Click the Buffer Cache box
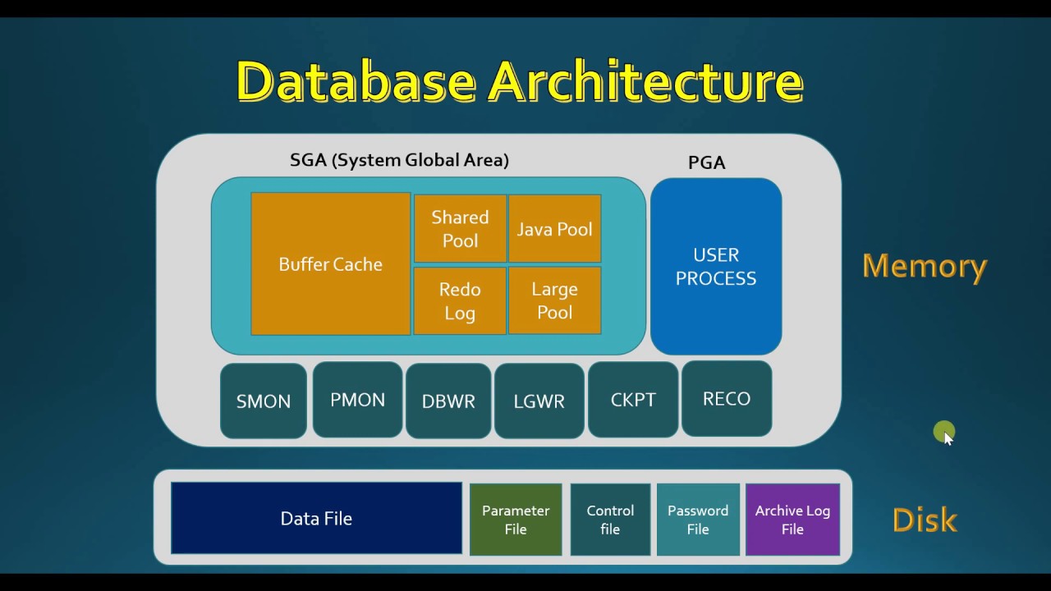point(330,263)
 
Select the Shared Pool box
point(460,229)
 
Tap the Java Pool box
point(554,229)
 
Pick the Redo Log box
point(460,300)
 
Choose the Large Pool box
point(554,300)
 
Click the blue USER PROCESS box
point(716,266)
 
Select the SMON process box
point(264,401)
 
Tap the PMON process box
point(357,400)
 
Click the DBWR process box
point(448,401)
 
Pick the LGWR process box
point(539,401)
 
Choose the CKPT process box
point(633,400)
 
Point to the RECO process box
point(727,398)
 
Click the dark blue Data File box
point(316,518)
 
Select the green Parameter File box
point(516,520)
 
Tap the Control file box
point(610,520)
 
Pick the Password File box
point(698,520)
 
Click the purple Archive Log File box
point(792,520)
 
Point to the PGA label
point(707,163)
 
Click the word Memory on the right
point(925,266)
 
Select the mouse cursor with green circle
point(945,433)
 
